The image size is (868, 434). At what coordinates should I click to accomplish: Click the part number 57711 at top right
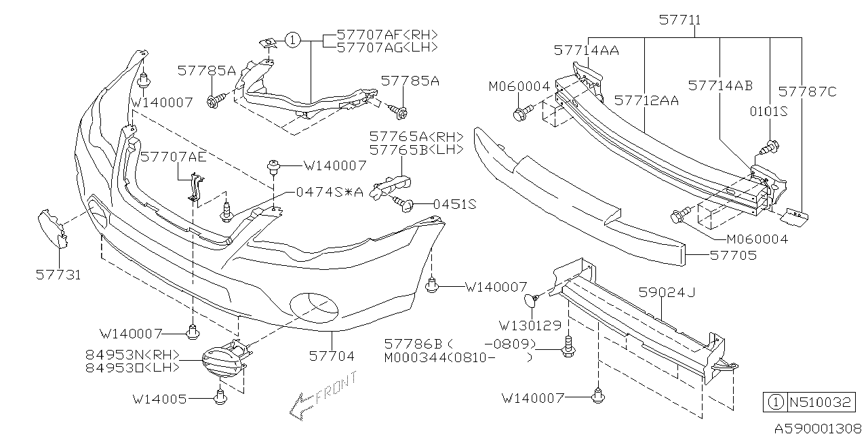point(680,21)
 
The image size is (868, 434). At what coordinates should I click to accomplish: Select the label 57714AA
point(586,50)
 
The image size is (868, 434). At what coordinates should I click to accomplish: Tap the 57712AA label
point(646,100)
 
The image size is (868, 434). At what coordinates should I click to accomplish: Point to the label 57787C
point(808,91)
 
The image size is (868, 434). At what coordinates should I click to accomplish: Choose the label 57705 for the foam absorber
point(734,256)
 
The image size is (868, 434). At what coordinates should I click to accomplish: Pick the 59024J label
point(667,292)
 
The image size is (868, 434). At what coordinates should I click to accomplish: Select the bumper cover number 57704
point(332,355)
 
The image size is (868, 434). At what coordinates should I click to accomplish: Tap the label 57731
point(58,275)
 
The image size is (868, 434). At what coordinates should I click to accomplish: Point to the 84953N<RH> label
point(133,354)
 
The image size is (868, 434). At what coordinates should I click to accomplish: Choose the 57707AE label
point(174,157)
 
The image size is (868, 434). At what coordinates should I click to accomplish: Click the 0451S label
point(455,203)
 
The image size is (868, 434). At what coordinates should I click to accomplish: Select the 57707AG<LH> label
point(387,47)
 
